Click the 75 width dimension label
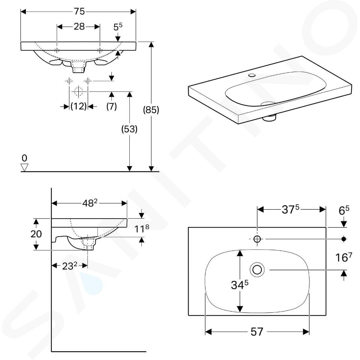79,12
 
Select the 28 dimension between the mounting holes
79,27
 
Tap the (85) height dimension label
151,110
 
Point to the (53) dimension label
129,129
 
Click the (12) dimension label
78,106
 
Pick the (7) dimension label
112,106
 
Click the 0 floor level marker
24,158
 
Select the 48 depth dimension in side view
90,203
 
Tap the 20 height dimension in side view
36,234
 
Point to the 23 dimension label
70,266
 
